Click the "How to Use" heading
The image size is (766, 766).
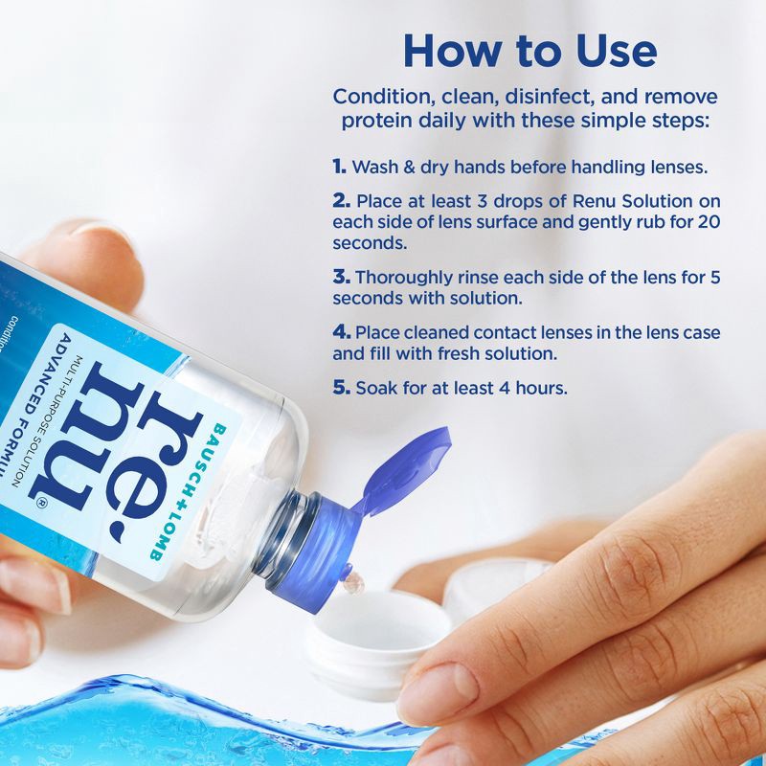[x=529, y=50]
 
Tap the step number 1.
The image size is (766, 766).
[x=339, y=167]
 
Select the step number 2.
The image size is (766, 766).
[x=341, y=202]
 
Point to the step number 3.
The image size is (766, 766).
[x=341, y=278]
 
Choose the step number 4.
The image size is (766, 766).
[x=341, y=333]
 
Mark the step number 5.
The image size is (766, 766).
[x=341, y=389]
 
